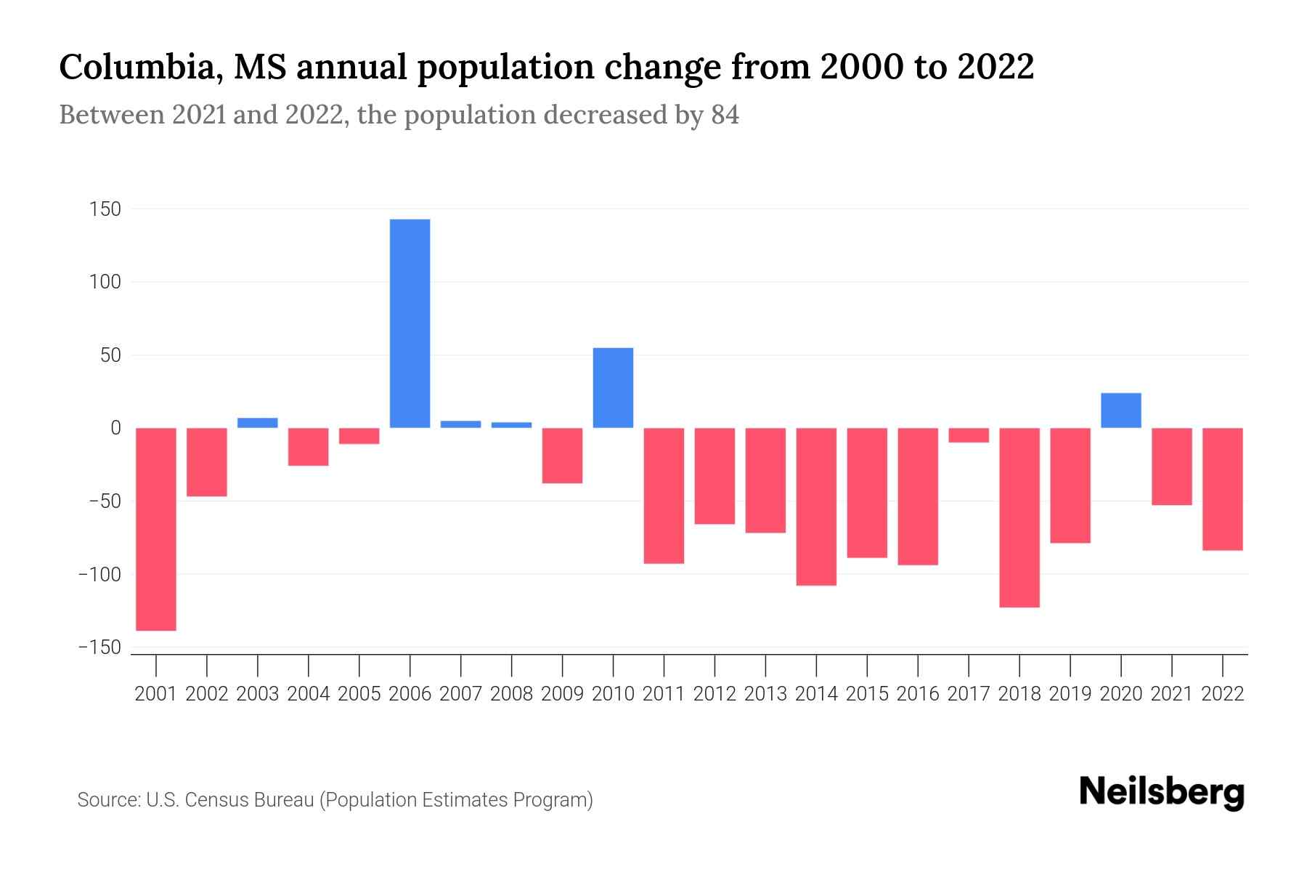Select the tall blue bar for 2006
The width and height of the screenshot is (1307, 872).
410,323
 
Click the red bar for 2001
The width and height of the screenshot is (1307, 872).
156,529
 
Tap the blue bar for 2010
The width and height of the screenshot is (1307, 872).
613,388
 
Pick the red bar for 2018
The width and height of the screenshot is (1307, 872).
1019,517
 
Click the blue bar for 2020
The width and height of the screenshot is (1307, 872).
1120,411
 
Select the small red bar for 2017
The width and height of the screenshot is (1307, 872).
969,435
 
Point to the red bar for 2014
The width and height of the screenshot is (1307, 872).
816,506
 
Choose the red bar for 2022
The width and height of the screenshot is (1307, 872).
1222,489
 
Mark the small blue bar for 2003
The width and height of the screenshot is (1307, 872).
258,423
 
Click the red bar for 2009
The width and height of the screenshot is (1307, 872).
562,456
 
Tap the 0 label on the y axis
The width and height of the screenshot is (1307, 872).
115,428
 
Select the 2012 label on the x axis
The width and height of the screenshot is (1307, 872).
714,694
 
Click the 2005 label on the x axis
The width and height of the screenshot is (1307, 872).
359,694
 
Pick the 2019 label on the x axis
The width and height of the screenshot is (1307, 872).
1070,694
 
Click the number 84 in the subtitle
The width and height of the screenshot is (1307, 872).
725,115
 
